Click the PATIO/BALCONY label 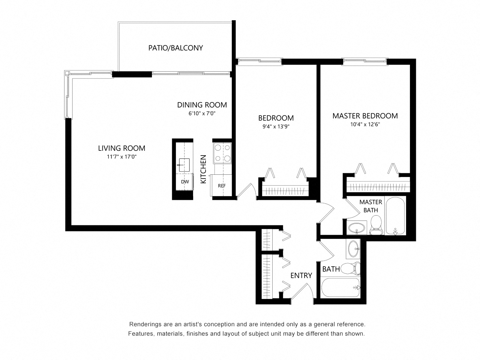click(x=175, y=48)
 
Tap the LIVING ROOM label click(x=121, y=148)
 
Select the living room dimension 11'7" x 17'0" click(x=121, y=157)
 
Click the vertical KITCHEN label click(x=204, y=169)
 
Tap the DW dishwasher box click(x=185, y=182)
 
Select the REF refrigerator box click(x=222, y=185)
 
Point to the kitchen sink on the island click(x=184, y=164)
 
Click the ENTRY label click(x=301, y=276)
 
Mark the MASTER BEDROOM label click(x=365, y=116)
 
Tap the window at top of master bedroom click(x=364, y=60)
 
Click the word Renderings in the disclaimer click(x=147, y=324)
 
